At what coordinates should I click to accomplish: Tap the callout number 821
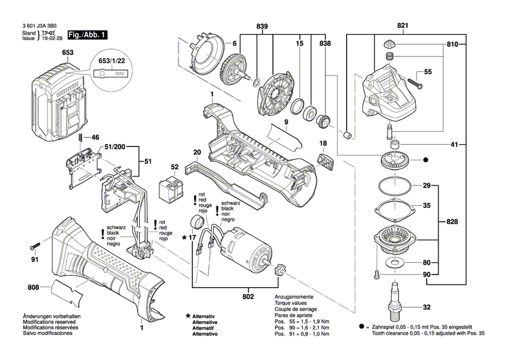(403, 26)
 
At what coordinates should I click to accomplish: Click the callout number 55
(428, 71)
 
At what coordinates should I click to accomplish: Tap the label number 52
(175, 167)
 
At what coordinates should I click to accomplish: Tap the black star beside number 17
(184, 237)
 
